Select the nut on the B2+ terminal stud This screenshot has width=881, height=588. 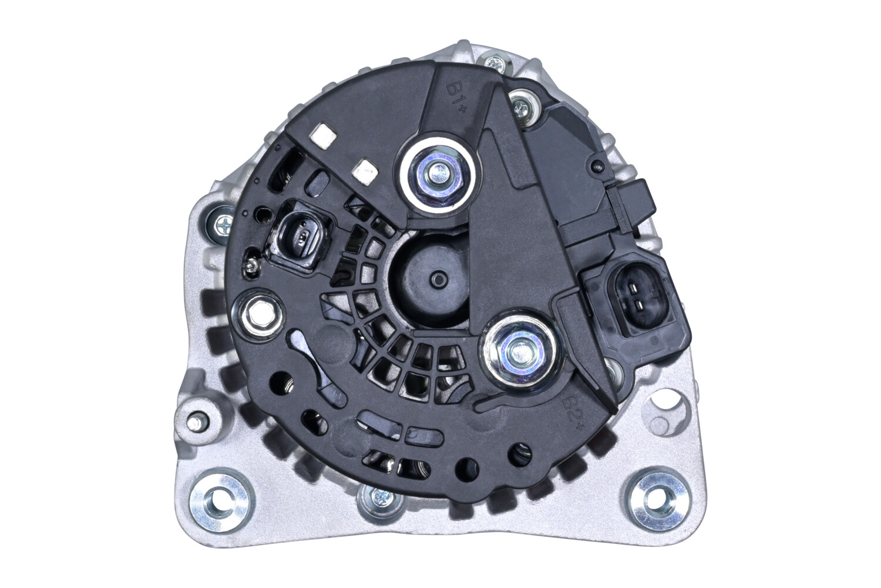point(517,351)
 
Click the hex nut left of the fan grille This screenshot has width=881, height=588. point(257,318)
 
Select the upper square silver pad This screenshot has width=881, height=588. point(323,136)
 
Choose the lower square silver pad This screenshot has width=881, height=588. point(365,171)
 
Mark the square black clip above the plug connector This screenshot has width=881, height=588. point(633,203)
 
